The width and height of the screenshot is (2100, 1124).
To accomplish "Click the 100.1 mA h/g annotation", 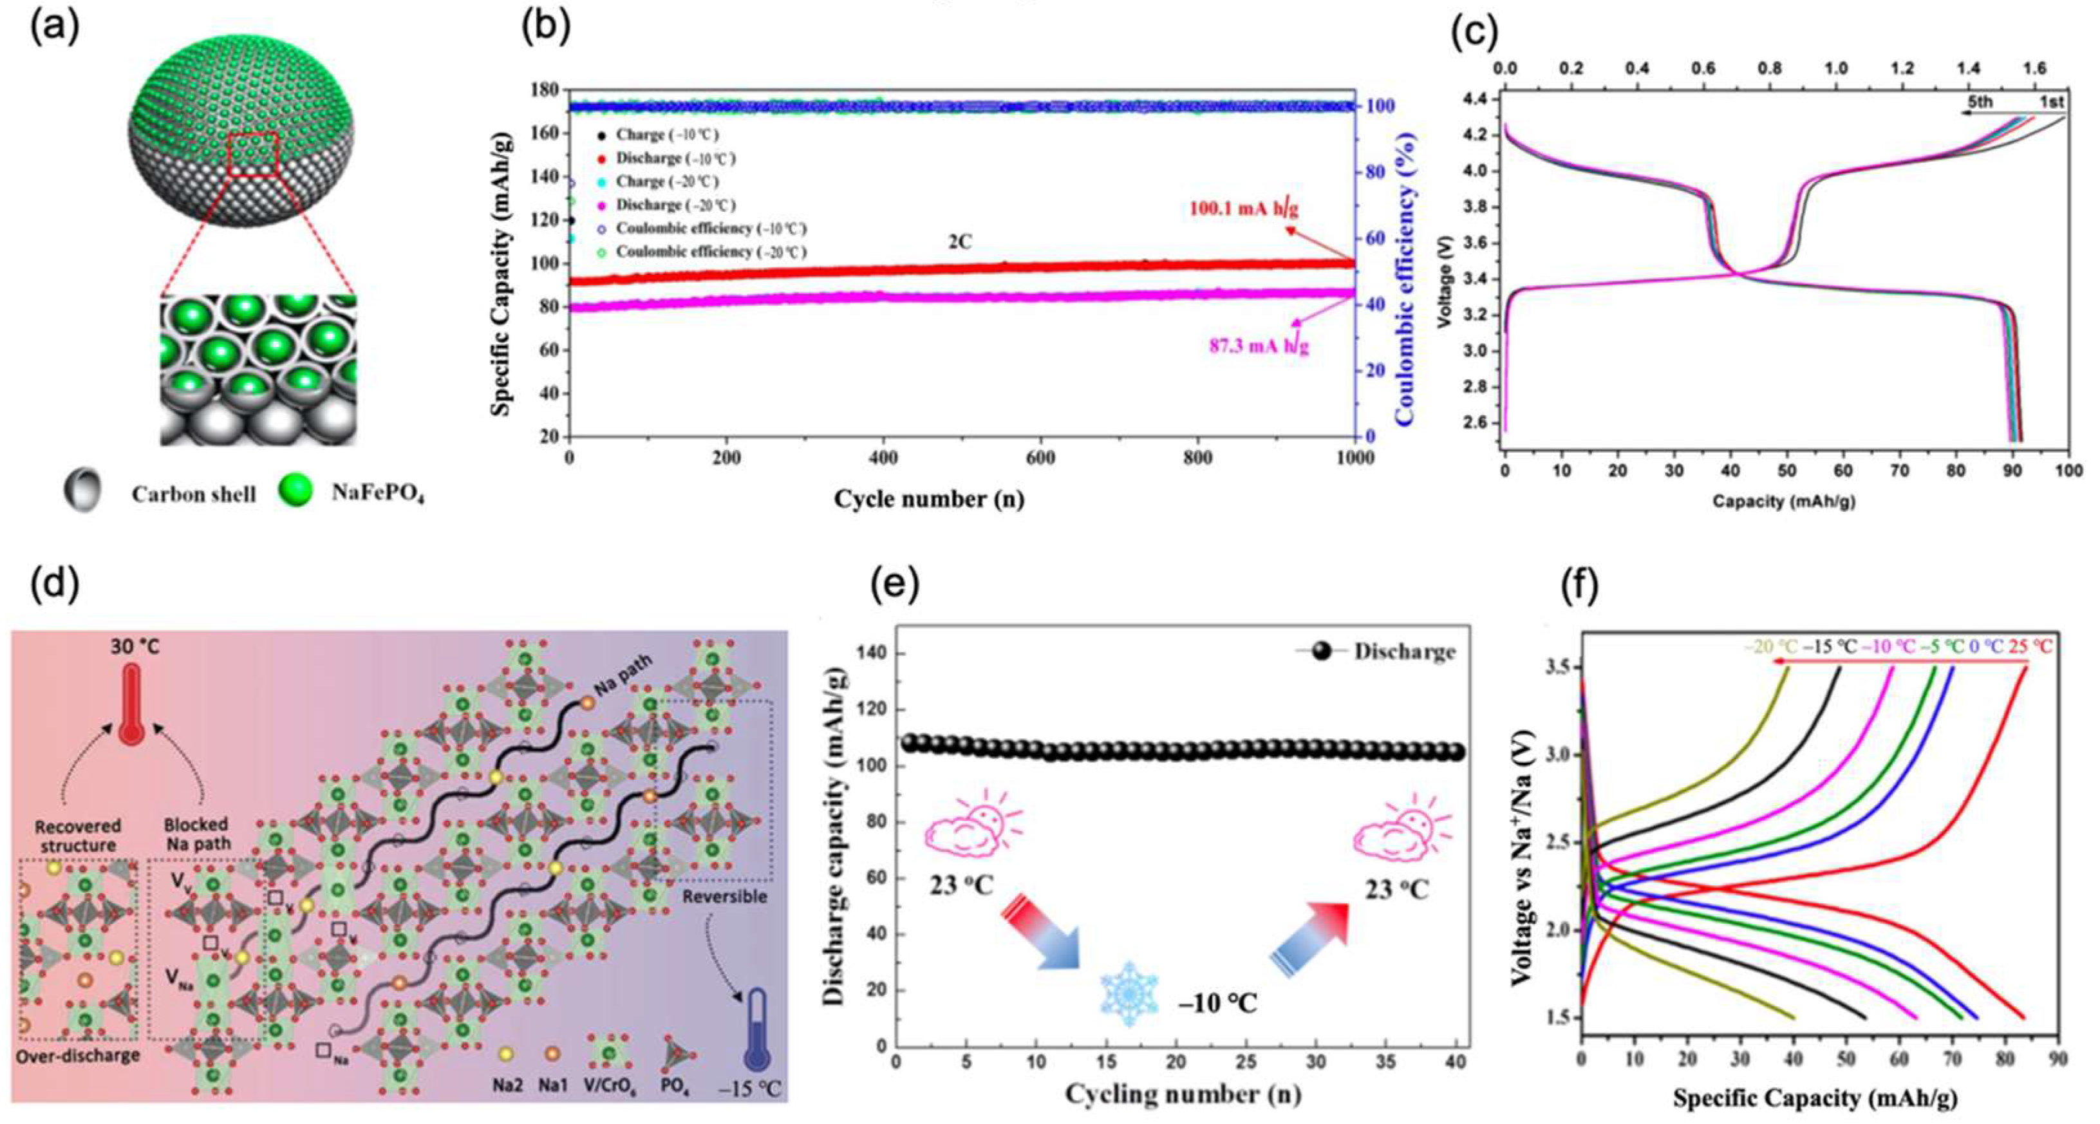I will click(1243, 209).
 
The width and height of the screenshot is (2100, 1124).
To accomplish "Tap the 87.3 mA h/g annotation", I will click(1258, 346).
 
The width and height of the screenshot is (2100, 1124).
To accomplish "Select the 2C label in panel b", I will click(959, 242).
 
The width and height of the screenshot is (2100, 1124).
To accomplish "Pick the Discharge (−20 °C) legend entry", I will click(674, 205).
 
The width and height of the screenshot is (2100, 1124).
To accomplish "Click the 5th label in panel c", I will click(1980, 102).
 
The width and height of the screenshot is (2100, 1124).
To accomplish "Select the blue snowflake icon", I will click(1129, 993).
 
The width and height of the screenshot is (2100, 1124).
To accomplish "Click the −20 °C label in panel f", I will click(1770, 646).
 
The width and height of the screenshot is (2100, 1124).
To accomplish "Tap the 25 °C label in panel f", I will click(2030, 646).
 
